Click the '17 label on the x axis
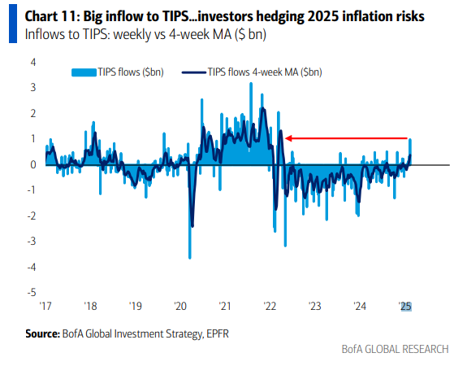46,307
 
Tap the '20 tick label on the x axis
180,307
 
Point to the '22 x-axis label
270,307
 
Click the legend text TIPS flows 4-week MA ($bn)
265,72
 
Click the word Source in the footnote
41,333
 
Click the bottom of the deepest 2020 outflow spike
189,258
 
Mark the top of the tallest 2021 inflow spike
251,83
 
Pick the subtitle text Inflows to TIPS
63,35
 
